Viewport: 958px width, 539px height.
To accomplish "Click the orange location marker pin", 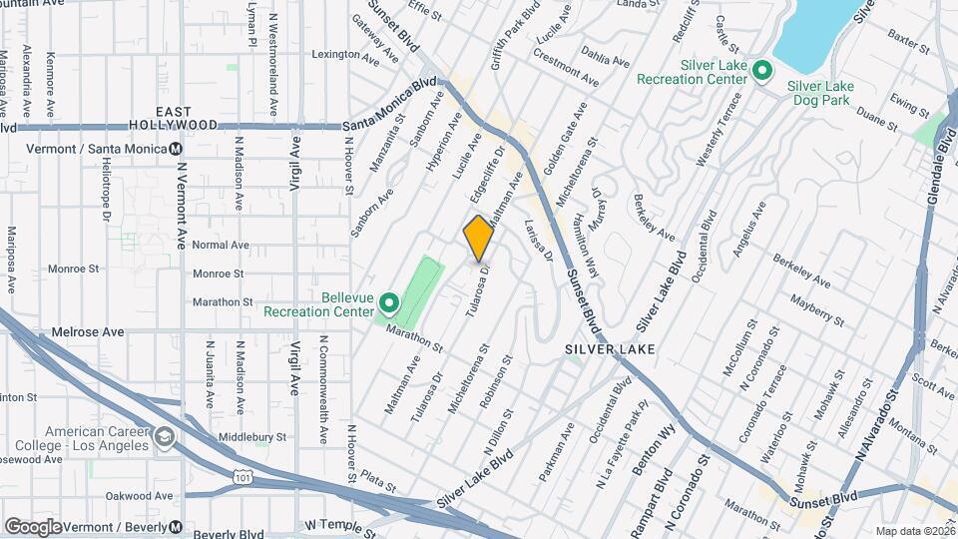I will (478, 238).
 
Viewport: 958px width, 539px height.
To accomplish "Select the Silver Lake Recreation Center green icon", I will (762, 70).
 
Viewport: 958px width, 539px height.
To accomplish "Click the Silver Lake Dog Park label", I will (822, 93).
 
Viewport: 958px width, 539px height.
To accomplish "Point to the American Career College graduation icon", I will (164, 436).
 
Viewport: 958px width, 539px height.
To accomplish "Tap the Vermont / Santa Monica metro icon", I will (177, 148).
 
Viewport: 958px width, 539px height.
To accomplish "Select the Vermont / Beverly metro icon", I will (176, 526).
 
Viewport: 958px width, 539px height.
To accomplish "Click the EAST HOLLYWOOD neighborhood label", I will (187, 118).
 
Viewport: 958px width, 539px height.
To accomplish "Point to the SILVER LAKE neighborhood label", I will (609, 349).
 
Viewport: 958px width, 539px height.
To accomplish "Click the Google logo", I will (32, 526).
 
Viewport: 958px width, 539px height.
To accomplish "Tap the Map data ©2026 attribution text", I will (914, 531).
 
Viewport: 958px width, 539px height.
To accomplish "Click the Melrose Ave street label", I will (90, 331).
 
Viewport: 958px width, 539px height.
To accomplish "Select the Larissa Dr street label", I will (539, 241).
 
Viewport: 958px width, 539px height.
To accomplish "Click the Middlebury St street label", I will (252, 437).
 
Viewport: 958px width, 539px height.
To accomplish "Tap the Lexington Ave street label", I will (347, 54).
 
